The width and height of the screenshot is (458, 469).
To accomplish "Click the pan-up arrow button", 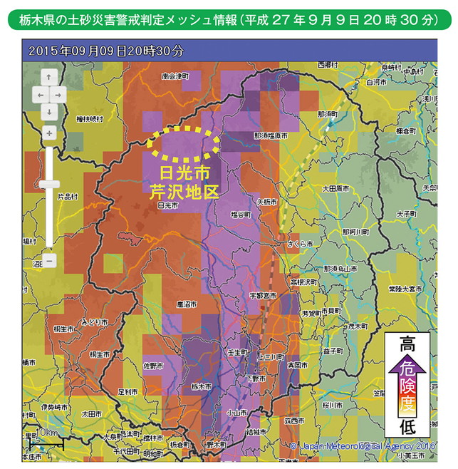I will [x=48, y=76].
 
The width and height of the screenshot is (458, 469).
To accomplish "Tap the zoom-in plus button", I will [x=48, y=133].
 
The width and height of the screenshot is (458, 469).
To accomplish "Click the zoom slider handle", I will [x=48, y=184].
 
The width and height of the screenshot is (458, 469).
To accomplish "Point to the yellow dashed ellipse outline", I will [x=183, y=142].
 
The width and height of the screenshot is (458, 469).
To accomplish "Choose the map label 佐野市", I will [x=152, y=365].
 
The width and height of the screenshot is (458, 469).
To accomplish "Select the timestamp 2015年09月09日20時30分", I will [x=105, y=51].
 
